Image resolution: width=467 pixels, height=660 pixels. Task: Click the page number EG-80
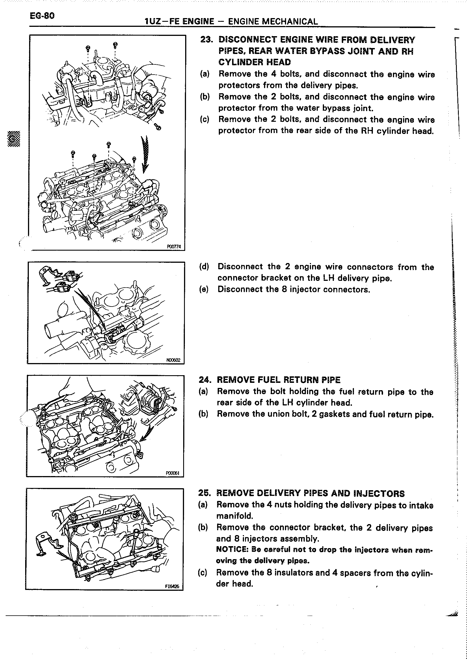[x=42, y=15]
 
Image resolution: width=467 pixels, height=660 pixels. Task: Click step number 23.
[x=206, y=40]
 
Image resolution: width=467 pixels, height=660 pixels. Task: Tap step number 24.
[x=205, y=380]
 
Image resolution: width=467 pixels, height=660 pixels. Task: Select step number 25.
[x=204, y=493]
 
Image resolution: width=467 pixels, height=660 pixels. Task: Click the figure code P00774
[x=174, y=246]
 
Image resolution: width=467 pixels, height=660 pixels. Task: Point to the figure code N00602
[x=173, y=360]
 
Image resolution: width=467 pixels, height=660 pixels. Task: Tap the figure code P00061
[x=172, y=473]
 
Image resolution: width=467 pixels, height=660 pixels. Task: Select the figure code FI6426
[x=172, y=587]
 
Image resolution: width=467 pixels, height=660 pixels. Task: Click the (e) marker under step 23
[x=204, y=289]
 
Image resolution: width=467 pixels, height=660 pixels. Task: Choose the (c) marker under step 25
[x=203, y=573]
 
